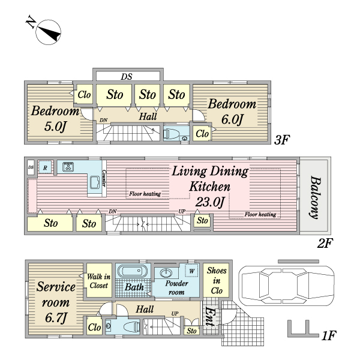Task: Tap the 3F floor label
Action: tap(282, 140)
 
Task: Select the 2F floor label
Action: tap(325, 244)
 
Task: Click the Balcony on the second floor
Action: tap(314, 197)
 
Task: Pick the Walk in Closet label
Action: tap(97, 281)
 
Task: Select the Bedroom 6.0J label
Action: tap(232, 112)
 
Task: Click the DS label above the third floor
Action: tap(126, 77)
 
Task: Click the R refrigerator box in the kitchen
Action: tap(45, 167)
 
